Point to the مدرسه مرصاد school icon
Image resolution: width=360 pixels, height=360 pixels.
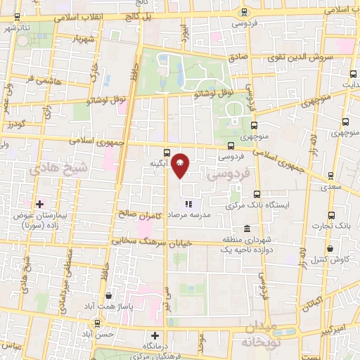coord(188,204)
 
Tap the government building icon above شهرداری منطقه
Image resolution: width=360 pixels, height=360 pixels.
coord(247,229)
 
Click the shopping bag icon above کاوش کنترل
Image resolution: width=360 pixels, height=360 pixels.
coord(330,247)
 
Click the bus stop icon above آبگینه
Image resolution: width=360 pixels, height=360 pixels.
coord(167,152)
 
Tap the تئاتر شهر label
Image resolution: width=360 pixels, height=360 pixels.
coord(18,28)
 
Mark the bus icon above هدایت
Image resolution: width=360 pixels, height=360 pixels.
coord(353,74)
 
